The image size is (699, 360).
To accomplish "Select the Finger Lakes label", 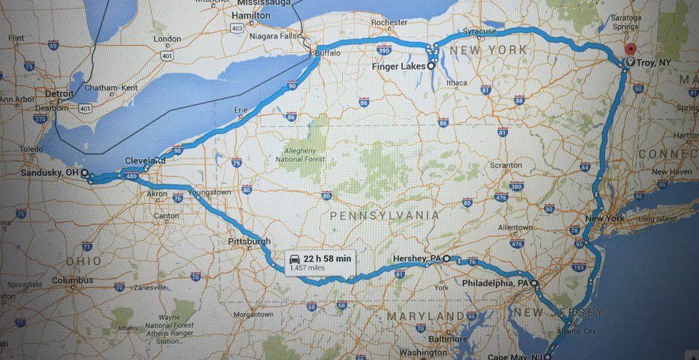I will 399,66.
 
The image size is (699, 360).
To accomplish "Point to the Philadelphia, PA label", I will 496,283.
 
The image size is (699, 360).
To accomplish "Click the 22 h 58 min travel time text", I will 327,258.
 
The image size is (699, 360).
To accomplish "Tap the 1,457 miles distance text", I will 309,268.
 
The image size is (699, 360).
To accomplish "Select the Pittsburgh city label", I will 250,241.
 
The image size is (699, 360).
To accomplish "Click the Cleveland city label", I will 145,161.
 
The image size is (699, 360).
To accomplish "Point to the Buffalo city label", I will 328,53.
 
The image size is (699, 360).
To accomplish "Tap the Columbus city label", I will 72,280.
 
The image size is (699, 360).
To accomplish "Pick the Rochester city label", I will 389,22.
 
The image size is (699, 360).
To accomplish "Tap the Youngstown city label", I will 210,192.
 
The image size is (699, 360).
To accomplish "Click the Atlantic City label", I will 579,331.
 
